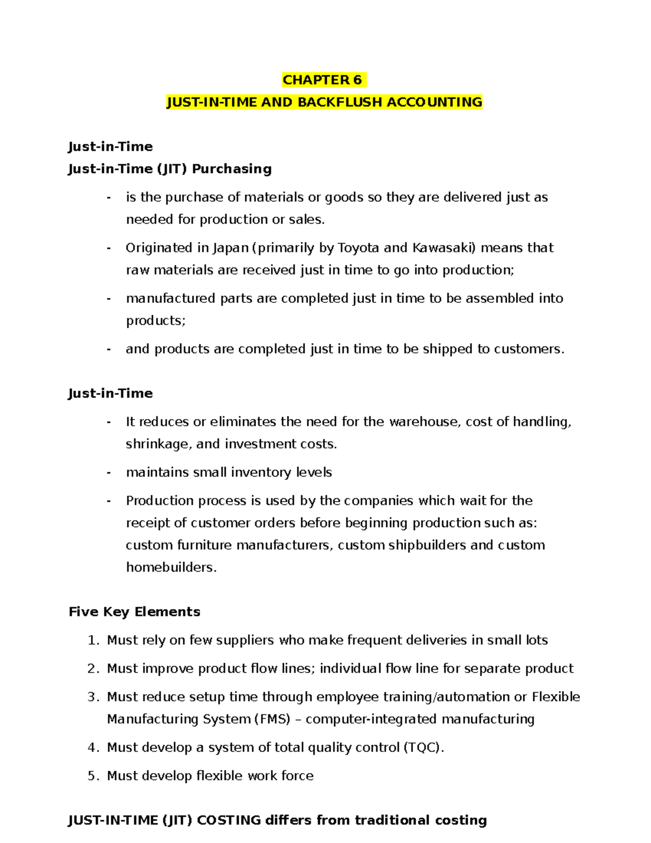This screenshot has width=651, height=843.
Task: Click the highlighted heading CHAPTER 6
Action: coord(323,80)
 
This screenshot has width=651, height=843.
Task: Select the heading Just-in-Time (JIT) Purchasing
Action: coord(169,169)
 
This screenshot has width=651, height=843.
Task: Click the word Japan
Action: coord(230,248)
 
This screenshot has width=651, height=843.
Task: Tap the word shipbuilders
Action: coord(427,545)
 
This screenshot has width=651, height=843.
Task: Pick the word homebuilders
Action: coord(171,567)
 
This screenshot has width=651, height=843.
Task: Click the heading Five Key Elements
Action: coord(135,612)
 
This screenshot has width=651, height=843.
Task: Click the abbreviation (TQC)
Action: coord(423,747)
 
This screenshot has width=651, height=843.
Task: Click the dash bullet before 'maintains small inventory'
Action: coord(109,472)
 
